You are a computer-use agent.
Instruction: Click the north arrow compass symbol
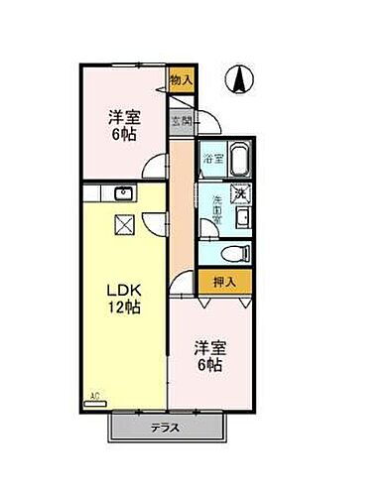click(238, 78)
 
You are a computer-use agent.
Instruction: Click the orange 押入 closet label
click(224, 282)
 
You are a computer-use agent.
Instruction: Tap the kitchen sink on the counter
click(124, 193)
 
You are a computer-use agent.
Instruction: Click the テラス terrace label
click(166, 428)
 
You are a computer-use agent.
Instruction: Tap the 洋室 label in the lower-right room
click(210, 347)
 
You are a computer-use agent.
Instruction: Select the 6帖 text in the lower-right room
click(210, 366)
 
